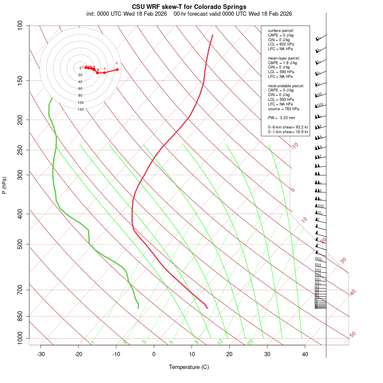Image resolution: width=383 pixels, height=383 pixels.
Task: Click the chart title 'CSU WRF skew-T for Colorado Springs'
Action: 189,7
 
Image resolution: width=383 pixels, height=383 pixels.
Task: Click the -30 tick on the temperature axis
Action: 41,354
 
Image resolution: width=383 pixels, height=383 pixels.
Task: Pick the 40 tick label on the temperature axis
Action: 305,354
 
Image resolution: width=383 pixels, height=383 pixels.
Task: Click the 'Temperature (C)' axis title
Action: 189,367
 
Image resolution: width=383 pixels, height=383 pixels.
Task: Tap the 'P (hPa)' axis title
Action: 5,185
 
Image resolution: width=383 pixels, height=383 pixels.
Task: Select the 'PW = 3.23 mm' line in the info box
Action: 281,118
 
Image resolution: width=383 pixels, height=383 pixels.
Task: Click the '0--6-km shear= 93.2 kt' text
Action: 288,127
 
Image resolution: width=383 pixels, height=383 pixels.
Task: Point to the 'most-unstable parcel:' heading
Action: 286,86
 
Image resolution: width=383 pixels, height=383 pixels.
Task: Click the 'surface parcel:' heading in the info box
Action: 281,31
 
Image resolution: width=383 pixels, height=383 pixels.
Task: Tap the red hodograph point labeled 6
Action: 117,69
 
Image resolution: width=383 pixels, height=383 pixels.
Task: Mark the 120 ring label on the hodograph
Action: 80,109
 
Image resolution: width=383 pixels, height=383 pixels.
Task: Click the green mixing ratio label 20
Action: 250,341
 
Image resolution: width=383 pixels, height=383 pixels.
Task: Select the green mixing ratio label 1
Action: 92,342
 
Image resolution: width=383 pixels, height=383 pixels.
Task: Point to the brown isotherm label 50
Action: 352,335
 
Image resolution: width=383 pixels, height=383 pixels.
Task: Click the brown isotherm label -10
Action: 294,146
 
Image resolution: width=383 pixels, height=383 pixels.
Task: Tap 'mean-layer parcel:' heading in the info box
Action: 284,58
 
